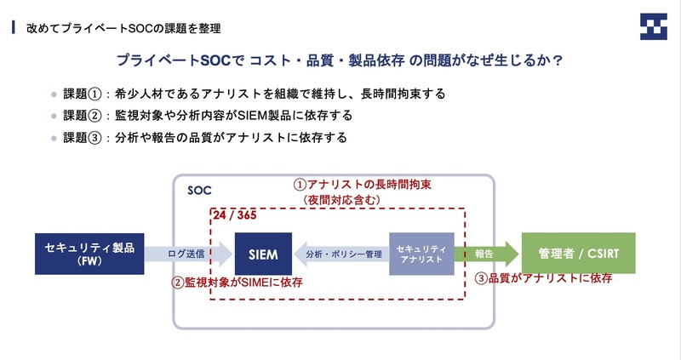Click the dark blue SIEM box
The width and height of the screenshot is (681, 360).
[x=261, y=254]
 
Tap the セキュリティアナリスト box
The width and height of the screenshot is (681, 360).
[x=421, y=254]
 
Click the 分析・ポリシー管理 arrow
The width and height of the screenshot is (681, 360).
[x=340, y=254]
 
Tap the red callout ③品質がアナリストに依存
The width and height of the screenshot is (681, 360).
[x=543, y=278]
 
